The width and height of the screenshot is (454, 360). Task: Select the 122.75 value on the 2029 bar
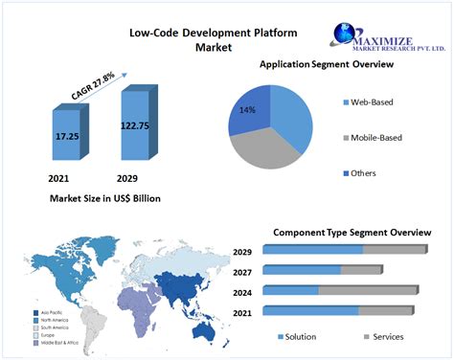coord(134,124)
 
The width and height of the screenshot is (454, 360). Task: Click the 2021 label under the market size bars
coord(59,178)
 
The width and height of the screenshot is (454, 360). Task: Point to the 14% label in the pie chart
coord(248,111)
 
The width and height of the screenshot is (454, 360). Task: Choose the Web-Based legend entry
coord(372,101)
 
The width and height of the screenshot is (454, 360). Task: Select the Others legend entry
coord(363,173)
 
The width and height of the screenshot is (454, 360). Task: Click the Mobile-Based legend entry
coord(376,138)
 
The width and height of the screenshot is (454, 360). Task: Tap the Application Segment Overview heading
coord(327,64)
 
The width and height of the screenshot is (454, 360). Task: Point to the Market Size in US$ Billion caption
coord(105,197)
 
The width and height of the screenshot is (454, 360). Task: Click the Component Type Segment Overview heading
coord(352,232)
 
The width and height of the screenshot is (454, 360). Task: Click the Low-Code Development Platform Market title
coord(214,39)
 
